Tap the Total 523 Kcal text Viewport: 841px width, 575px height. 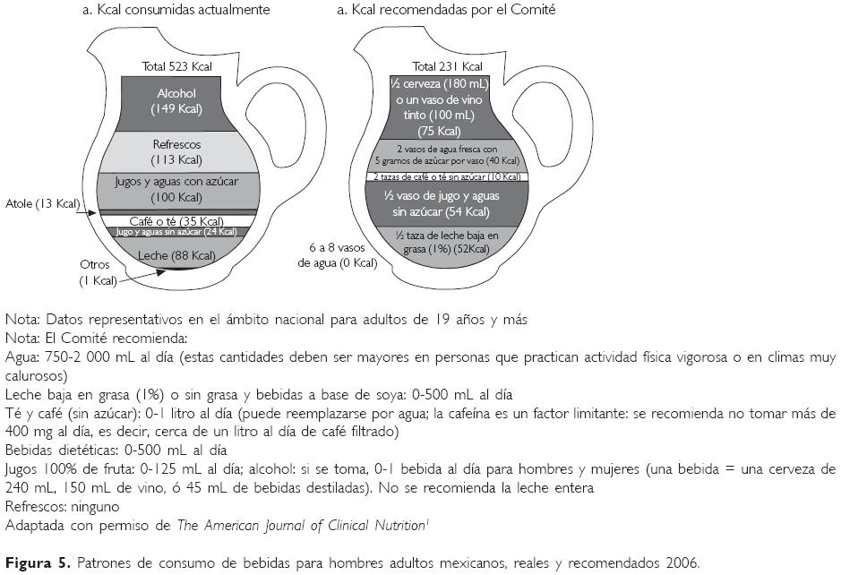(176, 66)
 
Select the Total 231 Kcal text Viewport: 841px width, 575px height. (447, 66)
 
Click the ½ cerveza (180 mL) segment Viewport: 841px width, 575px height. (447, 107)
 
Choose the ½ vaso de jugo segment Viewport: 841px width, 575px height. (447, 203)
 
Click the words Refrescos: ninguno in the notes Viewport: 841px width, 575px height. (62, 505)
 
